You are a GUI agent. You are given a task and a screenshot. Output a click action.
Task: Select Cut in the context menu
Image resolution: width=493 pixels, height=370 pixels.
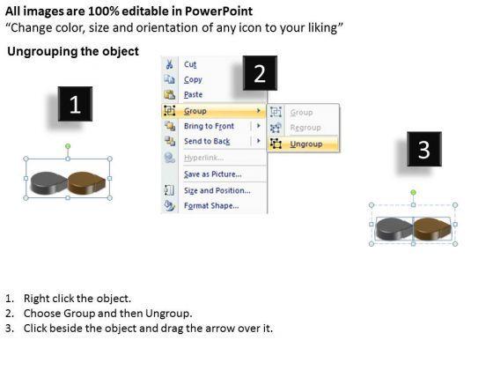tap(190, 64)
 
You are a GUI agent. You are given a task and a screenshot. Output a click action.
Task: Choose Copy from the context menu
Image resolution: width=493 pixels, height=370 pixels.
tap(193, 79)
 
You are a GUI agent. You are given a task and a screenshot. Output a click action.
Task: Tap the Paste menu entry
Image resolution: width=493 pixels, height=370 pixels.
tap(193, 94)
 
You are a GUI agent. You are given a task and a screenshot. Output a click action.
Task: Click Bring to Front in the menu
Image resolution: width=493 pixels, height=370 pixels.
tap(209, 126)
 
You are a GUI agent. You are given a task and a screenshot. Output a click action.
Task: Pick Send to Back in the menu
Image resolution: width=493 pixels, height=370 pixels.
tap(207, 141)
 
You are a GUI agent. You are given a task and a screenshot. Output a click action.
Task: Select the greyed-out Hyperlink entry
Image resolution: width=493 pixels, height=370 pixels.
tap(203, 158)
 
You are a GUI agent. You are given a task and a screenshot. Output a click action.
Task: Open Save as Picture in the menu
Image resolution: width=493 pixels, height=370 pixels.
tap(213, 174)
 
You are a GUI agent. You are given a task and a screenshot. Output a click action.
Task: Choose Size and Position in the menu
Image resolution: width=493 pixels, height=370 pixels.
tap(217, 190)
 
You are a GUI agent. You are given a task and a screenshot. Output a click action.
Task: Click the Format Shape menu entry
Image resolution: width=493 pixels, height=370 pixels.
tap(211, 205)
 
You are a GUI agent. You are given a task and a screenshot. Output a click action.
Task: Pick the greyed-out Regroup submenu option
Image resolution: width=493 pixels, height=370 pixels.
tap(305, 128)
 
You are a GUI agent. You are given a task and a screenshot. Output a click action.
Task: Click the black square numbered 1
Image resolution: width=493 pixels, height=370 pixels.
tap(75, 104)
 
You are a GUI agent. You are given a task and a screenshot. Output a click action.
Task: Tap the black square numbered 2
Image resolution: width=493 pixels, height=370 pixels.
tap(260, 73)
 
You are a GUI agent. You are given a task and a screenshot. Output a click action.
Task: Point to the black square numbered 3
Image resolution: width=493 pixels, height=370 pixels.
tap(424, 149)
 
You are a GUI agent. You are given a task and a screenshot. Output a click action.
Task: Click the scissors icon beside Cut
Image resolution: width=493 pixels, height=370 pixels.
tap(169, 64)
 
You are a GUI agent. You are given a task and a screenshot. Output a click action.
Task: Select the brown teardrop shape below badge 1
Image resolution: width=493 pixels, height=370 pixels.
tap(86, 183)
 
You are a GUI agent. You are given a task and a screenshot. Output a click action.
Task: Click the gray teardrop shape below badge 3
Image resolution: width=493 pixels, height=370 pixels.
tap(394, 229)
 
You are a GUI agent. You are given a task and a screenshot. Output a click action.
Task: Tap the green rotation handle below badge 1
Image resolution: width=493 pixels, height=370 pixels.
tap(68, 146)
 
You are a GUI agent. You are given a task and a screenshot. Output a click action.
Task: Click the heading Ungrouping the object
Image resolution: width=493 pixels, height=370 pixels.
tap(73, 51)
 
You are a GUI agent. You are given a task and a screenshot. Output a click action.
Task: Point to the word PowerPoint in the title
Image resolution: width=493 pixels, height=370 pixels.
tap(218, 11)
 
